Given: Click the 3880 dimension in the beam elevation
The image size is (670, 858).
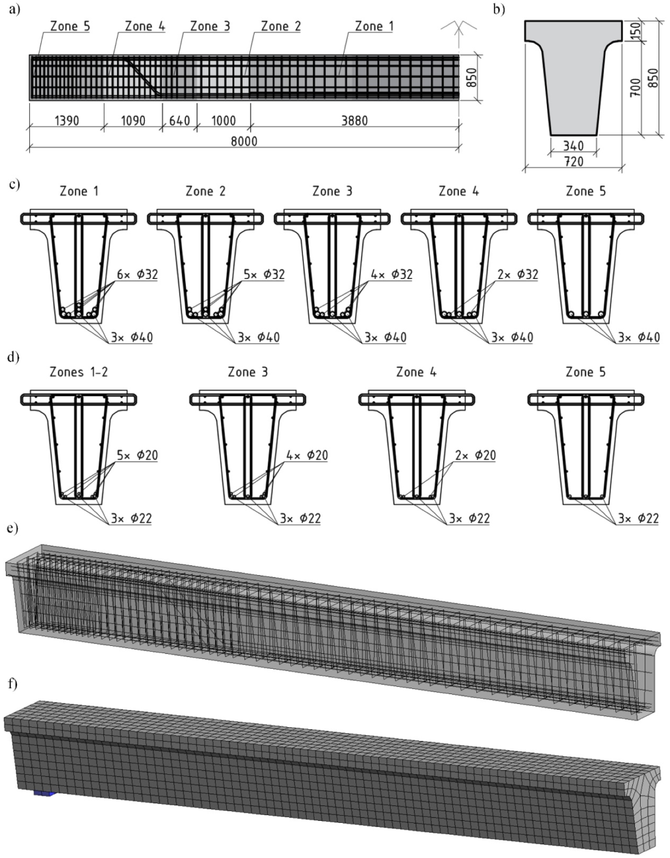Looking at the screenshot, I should pyautogui.click(x=354, y=120).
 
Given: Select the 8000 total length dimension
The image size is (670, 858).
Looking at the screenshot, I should pyautogui.click(x=243, y=141).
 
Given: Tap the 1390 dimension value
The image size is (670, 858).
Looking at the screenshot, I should pyautogui.click(x=67, y=120).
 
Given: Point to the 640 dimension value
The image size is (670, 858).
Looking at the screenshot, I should pyautogui.click(x=179, y=120).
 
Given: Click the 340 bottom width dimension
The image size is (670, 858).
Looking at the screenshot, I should pyautogui.click(x=573, y=146).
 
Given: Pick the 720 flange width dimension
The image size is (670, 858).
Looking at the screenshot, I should pyautogui.click(x=573, y=161).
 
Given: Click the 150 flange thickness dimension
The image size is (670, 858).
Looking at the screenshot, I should pyautogui.click(x=636, y=31).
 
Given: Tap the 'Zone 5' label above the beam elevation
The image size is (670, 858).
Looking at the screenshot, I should pyautogui.click(x=70, y=27).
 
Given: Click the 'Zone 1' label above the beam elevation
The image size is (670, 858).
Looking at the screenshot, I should pyautogui.click(x=374, y=27).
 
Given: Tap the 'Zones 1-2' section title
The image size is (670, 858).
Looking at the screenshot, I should pyautogui.click(x=79, y=372).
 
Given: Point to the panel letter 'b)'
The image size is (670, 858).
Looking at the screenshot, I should pyautogui.click(x=498, y=9).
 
